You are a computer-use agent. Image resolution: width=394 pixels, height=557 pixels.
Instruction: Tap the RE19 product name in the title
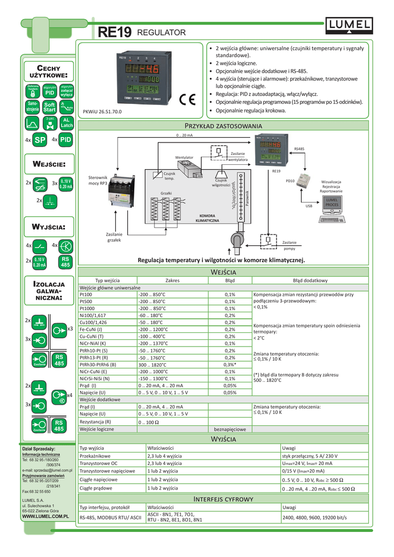click(115, 33)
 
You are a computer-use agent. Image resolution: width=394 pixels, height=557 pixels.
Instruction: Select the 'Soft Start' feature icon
click(50, 107)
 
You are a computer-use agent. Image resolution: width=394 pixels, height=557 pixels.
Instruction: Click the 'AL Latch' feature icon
click(66, 123)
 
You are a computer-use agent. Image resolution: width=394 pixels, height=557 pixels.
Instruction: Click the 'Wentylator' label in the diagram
click(184, 157)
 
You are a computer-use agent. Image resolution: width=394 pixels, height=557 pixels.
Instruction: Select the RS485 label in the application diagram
click(299, 148)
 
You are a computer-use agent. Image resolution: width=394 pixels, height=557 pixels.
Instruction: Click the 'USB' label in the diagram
click(309, 206)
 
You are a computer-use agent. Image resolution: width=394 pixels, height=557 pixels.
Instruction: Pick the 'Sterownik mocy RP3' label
click(98, 181)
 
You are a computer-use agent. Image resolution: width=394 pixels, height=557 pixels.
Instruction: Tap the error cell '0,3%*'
click(230, 364)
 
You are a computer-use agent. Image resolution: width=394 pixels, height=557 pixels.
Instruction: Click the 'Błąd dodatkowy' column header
click(310, 281)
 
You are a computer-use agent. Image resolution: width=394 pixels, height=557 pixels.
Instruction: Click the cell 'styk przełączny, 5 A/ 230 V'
click(310, 456)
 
